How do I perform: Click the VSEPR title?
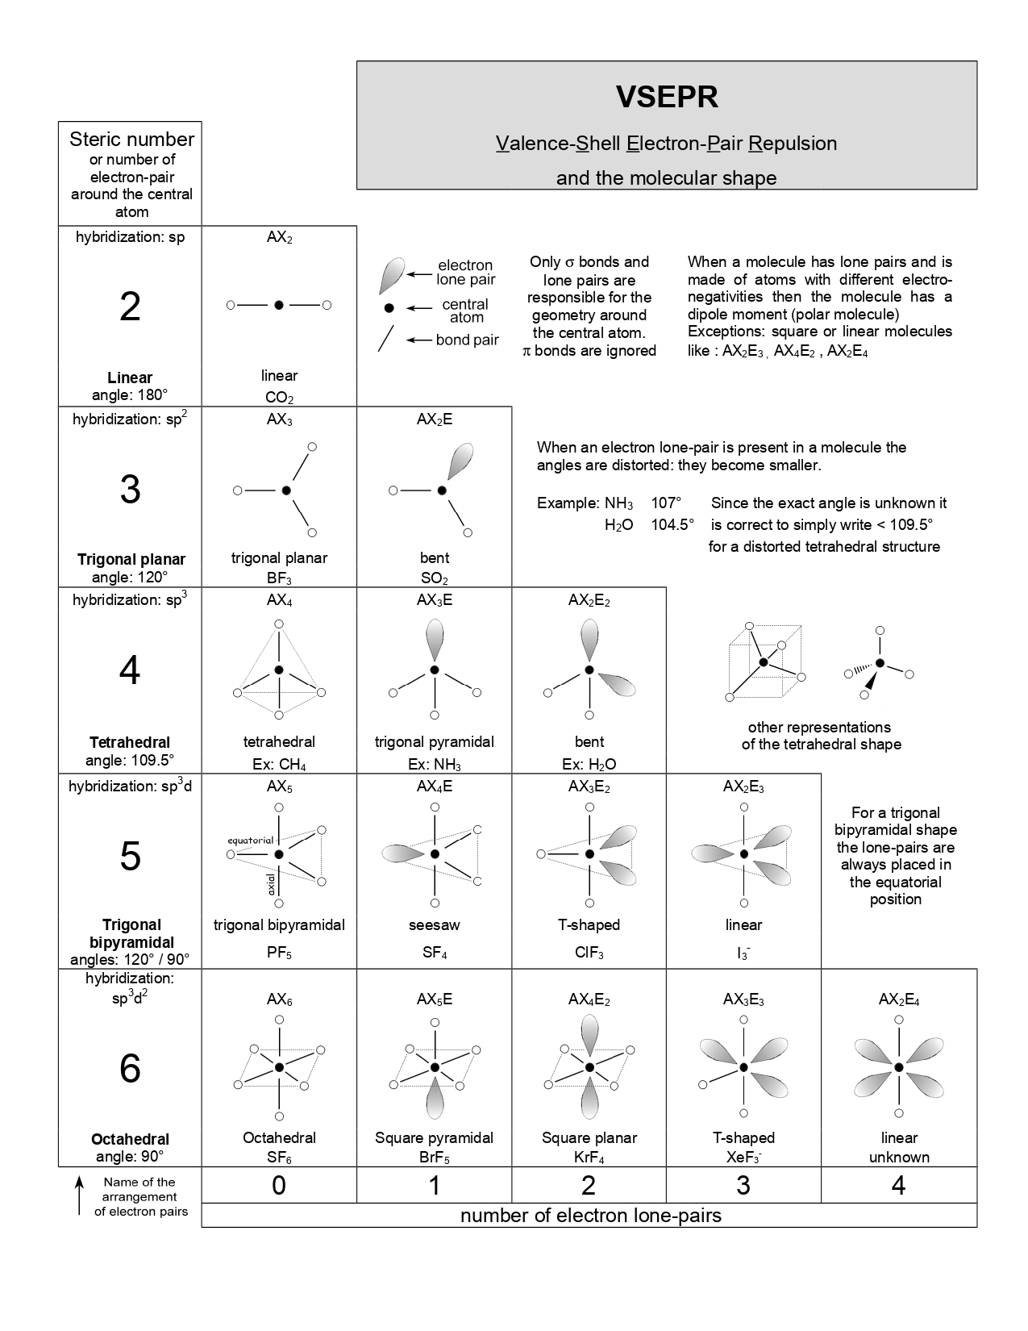[x=667, y=97]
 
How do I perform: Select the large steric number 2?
[x=130, y=307]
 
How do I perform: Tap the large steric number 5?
[x=130, y=856]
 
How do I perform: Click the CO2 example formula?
[x=279, y=398]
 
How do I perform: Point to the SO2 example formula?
[x=434, y=578]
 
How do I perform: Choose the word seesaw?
[x=434, y=924]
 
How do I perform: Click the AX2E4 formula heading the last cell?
[x=898, y=1000]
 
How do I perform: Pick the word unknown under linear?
[x=898, y=1157]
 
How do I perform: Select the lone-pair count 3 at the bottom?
[x=743, y=1185]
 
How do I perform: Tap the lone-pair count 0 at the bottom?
[x=279, y=1185]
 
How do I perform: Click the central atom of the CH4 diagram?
[x=279, y=670]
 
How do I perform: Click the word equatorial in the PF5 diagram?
[x=251, y=841]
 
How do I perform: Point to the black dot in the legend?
[x=389, y=308]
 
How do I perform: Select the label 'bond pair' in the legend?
[x=467, y=340]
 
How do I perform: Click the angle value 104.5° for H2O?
[x=672, y=524]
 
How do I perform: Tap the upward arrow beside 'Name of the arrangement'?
[x=79, y=1195]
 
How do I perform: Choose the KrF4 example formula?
[x=589, y=1158]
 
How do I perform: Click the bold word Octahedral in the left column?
[x=130, y=1139]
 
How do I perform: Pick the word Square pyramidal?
[x=434, y=1137]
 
